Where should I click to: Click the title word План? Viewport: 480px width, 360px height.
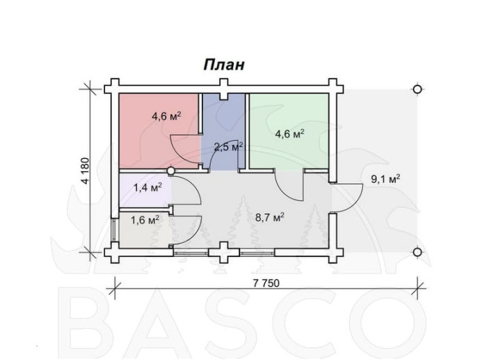[x=223, y=65]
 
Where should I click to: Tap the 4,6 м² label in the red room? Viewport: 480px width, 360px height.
[x=166, y=116]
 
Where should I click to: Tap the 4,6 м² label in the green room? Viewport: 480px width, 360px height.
[x=289, y=134]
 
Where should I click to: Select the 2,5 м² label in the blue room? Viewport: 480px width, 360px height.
[x=227, y=147]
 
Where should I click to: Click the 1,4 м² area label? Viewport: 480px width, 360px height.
[x=147, y=187]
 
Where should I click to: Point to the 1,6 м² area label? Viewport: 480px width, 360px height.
[x=145, y=220]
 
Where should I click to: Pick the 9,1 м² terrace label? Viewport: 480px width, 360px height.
[x=384, y=179]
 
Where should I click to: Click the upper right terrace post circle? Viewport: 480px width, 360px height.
[x=417, y=89]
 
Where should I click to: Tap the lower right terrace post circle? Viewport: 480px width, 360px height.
[x=417, y=251]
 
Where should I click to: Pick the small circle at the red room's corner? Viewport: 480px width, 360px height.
[x=171, y=170]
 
